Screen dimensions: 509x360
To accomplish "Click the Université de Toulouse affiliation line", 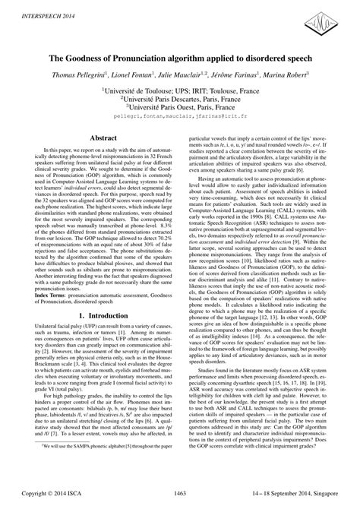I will tap(179, 90).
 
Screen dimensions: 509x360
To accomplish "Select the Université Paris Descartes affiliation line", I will tap(179, 99).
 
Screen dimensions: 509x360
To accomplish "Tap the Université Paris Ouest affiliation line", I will tap(179, 108).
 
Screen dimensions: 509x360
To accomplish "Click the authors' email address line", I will tap(179, 119).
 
